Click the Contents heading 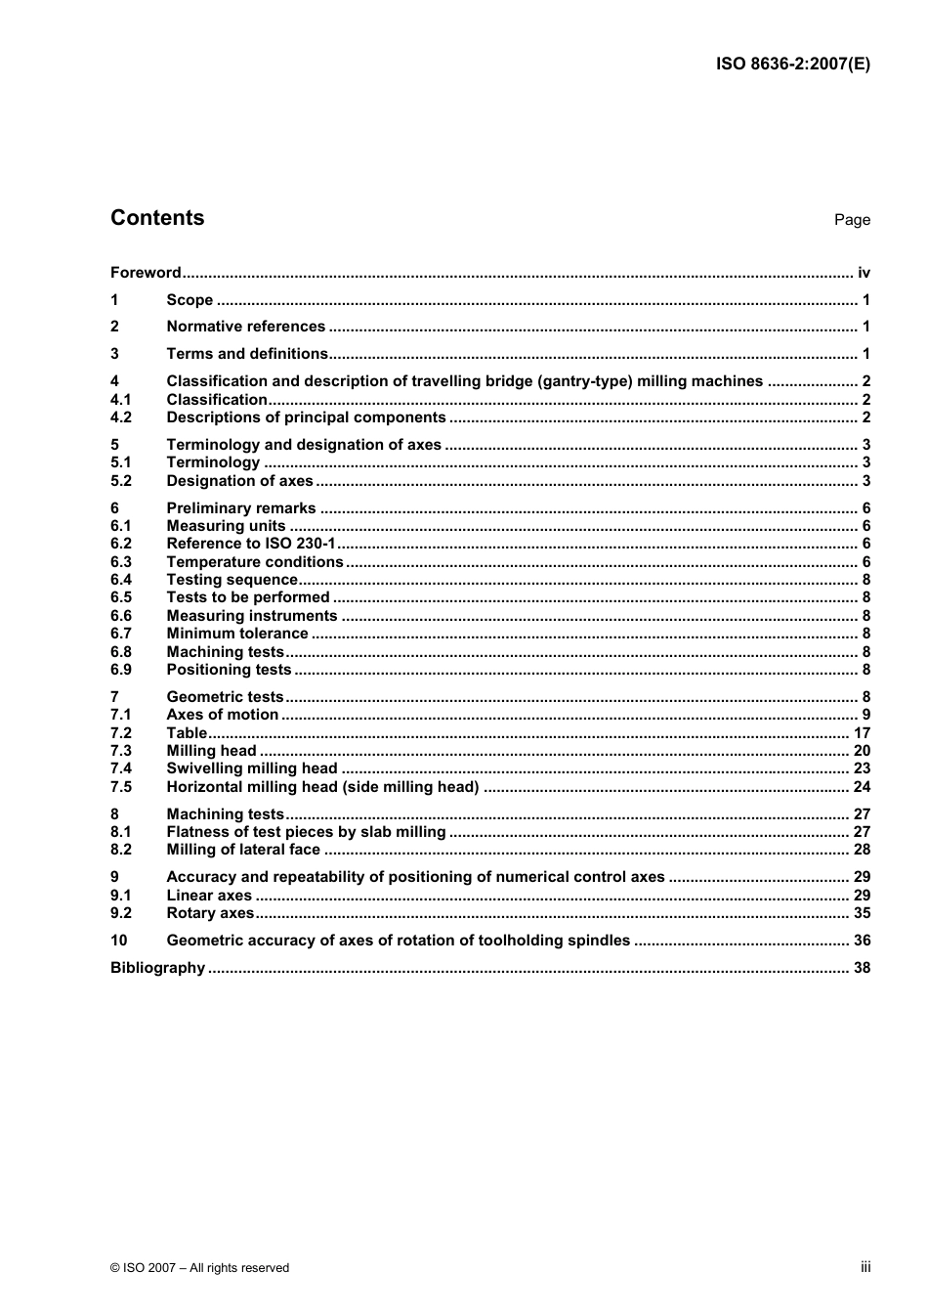pos(157,218)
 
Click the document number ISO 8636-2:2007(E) pos(792,65)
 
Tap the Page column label pos(852,220)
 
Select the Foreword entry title pos(146,273)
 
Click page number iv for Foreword pos(864,273)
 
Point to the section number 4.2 pos(121,417)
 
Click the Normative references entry pos(245,327)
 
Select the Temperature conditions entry pos(255,562)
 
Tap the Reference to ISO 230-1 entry pos(251,544)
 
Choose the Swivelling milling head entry pos(252,768)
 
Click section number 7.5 pos(121,787)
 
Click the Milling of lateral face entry pos(243,850)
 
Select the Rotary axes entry pos(210,913)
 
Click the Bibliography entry pos(157,968)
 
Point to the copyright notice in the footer pos(200,1268)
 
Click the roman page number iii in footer pos(865,1267)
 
